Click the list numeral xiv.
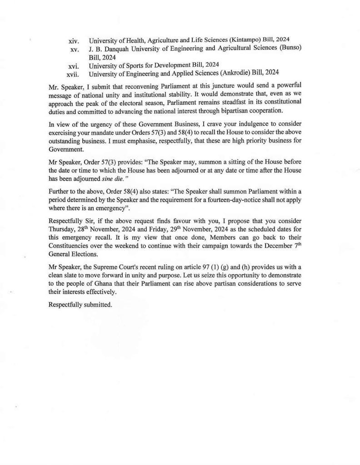click(74, 41)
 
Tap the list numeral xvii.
click(73, 73)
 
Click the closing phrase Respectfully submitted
click(80, 305)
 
